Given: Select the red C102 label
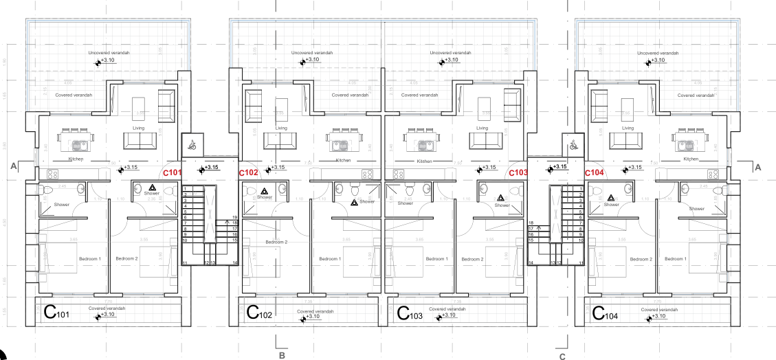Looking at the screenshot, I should coord(248,174).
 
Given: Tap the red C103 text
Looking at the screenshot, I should coord(517,174).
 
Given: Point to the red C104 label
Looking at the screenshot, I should coord(595,174).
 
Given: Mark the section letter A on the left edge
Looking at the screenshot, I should coord(13,166).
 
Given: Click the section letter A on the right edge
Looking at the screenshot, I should coord(758,167).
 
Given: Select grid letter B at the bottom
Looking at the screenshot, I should coord(281,356).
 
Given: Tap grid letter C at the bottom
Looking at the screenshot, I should coord(562,357).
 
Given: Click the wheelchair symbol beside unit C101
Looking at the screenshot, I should coord(192,145).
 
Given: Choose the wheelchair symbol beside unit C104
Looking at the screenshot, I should coord(573,145).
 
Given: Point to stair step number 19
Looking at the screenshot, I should coord(234,217).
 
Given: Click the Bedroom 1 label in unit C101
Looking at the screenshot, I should coord(90,258).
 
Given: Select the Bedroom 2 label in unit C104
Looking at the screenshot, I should coord(641,259).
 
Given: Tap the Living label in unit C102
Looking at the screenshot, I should coord(281,128).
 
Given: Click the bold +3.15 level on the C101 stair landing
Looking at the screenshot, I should coord(209,167).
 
